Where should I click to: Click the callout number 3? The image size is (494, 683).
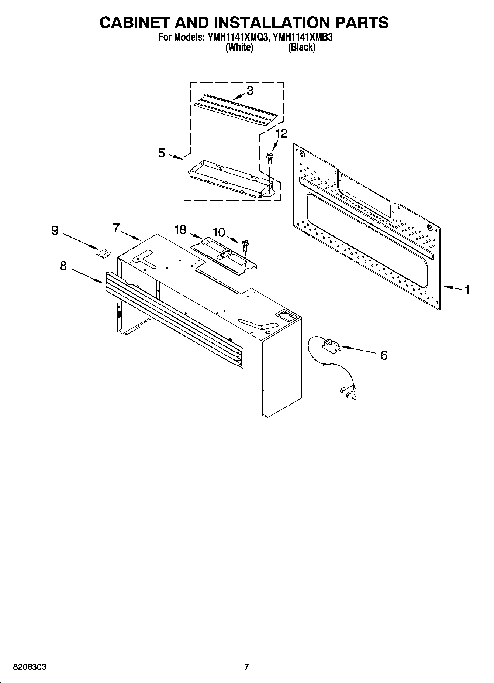click(x=250, y=91)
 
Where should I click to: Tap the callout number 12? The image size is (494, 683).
click(x=281, y=134)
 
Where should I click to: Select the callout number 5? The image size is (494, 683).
click(x=162, y=153)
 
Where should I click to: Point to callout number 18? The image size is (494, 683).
click(x=180, y=230)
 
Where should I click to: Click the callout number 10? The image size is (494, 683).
click(x=219, y=232)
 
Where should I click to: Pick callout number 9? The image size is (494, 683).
click(x=55, y=230)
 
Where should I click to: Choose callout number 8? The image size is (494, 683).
click(x=63, y=266)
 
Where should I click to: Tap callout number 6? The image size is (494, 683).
click(x=384, y=355)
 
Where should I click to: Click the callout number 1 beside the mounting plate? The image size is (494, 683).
click(x=467, y=290)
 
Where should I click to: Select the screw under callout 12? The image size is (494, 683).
click(x=269, y=158)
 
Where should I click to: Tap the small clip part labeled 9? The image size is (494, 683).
click(x=104, y=253)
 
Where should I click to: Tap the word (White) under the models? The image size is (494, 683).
click(x=239, y=47)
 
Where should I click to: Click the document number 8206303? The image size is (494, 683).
click(x=30, y=667)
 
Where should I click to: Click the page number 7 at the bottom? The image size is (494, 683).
click(x=246, y=667)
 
